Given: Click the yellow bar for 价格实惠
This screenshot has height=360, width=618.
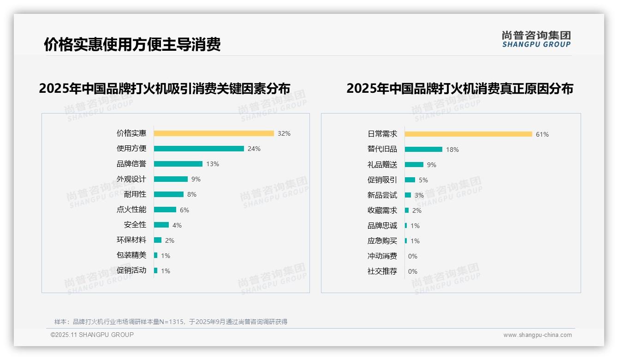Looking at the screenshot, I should (x=214, y=133).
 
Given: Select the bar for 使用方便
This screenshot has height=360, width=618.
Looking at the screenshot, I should (x=199, y=149).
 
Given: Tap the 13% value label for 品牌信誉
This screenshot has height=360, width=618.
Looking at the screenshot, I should (x=213, y=164).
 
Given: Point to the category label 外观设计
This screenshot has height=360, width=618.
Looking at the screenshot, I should (x=131, y=179).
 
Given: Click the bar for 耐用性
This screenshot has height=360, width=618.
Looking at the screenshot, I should (x=169, y=194).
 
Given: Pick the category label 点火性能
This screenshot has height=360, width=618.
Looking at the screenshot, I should (x=131, y=210).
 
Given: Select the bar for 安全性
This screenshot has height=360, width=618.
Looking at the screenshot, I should (x=161, y=225).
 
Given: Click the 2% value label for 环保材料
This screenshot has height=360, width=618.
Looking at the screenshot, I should (x=170, y=240).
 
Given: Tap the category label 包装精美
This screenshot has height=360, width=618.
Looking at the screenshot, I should (x=131, y=255).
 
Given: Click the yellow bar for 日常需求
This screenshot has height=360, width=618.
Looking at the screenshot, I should (x=468, y=134).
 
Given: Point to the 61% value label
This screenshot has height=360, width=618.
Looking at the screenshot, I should (x=542, y=134).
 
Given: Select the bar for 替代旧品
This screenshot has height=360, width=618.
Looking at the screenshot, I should (x=423, y=150).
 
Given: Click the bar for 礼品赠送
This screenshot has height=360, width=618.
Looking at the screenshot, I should (x=414, y=165).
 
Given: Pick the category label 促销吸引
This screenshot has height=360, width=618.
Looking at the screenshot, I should (x=382, y=180).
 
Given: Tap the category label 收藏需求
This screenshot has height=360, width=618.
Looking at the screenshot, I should (x=382, y=210).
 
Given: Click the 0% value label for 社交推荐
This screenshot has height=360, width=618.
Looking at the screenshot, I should (x=412, y=271).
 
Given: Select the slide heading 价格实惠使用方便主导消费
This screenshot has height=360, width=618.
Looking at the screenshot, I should (x=132, y=44).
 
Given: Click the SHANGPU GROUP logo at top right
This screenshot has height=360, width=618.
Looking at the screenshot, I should (x=536, y=39).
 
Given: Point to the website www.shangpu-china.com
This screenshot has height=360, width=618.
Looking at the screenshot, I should (x=537, y=335).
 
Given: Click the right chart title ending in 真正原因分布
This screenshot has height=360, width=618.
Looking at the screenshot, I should (x=459, y=88).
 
